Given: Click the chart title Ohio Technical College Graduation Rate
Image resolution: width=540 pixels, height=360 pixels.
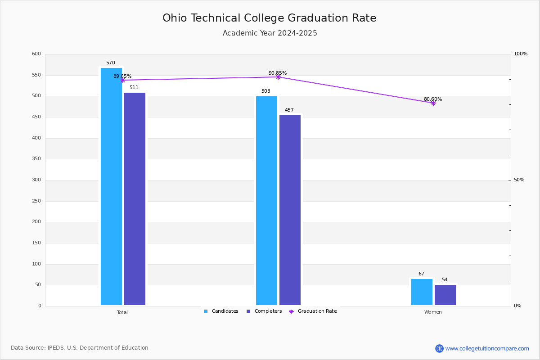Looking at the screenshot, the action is click(x=269, y=18).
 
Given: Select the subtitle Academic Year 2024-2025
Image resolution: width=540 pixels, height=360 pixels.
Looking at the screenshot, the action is click(x=270, y=33).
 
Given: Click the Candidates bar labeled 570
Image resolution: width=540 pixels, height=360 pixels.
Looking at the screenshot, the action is click(x=112, y=187).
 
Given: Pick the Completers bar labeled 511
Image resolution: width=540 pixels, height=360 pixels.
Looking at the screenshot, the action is click(x=135, y=199).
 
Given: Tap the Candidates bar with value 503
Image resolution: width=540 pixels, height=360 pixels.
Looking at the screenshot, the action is click(x=266, y=201).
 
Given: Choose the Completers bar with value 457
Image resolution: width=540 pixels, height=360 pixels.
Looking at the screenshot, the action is click(x=290, y=210).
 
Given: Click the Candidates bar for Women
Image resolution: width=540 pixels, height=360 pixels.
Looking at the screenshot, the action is click(x=422, y=292).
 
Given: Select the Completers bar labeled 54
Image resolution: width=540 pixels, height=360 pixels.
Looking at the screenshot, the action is click(x=445, y=295).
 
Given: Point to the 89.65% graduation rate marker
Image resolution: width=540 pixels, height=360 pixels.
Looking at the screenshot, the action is click(x=123, y=80).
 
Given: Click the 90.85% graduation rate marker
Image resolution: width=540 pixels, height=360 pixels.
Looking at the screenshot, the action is click(x=278, y=77).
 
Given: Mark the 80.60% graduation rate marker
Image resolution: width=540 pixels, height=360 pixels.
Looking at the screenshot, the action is click(x=433, y=103).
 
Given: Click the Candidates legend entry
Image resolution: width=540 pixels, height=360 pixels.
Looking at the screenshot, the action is click(x=221, y=311).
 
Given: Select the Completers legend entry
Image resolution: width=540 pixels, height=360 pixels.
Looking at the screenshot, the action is click(x=264, y=311).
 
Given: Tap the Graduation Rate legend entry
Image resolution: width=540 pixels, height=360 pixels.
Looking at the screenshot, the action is click(x=313, y=311).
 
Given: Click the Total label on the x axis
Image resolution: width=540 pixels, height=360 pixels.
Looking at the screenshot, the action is click(x=122, y=312).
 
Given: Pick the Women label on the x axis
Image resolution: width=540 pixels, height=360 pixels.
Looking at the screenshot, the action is click(x=433, y=312).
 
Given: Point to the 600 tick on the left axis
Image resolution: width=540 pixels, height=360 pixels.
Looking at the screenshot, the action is click(x=36, y=54).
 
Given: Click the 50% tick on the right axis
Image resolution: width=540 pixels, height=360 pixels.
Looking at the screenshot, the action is click(x=519, y=180).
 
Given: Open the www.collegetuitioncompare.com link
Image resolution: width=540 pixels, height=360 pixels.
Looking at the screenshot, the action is click(x=487, y=348).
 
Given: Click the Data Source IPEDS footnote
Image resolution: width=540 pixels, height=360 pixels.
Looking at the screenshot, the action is click(x=80, y=348).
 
